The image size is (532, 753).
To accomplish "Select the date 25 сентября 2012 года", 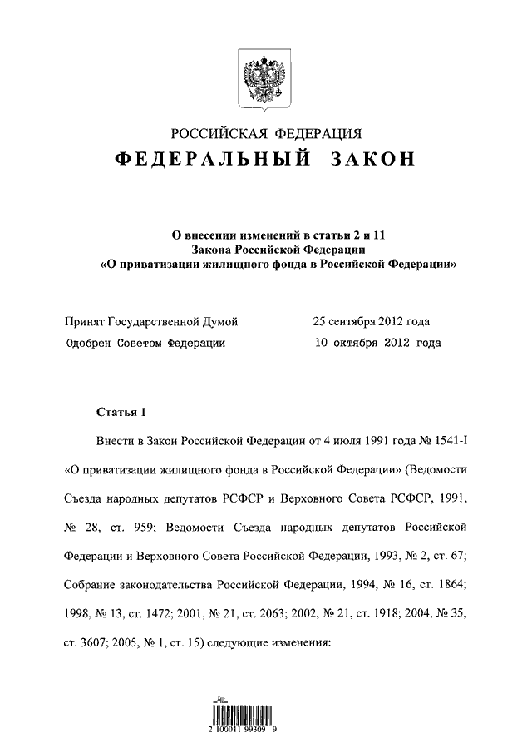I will (372, 322).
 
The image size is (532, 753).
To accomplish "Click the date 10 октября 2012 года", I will (377, 342).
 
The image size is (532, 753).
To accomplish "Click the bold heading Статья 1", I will (121, 412).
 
